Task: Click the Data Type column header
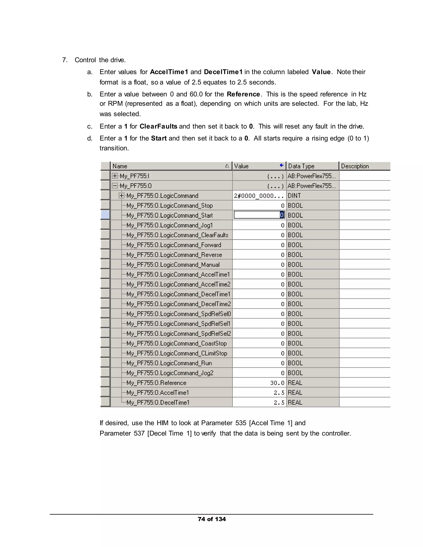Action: click(x=301, y=166)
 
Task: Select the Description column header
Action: click(x=355, y=166)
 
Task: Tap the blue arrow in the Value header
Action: click(x=282, y=165)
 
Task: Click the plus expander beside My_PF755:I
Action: click(x=115, y=176)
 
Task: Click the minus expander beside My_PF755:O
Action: click(x=115, y=186)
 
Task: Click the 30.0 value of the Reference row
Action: click(x=277, y=383)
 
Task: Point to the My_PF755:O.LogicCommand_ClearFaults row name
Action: click(x=177, y=235)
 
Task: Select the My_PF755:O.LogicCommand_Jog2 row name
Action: click(x=170, y=373)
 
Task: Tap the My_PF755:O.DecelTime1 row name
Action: click(x=158, y=403)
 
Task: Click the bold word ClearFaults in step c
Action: click(x=158, y=127)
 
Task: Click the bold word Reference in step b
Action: click(x=243, y=94)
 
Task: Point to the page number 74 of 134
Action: click(x=211, y=519)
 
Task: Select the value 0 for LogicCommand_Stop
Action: click(x=283, y=206)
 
